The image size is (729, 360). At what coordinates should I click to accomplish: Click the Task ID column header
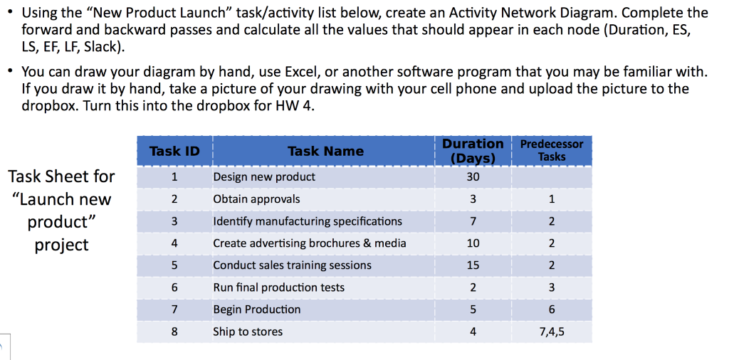pos(174,151)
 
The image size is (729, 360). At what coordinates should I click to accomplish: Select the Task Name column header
pos(325,151)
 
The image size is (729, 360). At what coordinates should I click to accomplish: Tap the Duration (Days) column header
pos(473,150)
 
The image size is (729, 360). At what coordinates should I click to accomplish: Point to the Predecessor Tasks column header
pos(551,150)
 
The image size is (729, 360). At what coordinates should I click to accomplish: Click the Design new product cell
pos(264,176)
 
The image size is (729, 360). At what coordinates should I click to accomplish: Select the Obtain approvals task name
pos(256,199)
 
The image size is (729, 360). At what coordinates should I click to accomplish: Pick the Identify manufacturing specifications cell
pos(308,221)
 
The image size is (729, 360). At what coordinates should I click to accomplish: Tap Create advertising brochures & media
pos(310,243)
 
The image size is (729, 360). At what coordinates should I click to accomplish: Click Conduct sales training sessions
pos(292,265)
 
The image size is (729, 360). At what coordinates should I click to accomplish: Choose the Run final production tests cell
pos(278,287)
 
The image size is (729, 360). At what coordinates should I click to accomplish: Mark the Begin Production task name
pos(256,309)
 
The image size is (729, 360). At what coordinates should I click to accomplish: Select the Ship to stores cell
pos(248,332)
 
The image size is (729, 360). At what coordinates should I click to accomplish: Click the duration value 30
pos(473,176)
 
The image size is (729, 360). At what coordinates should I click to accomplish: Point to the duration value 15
pos(473,265)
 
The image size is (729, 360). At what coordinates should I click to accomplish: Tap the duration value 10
pos(473,243)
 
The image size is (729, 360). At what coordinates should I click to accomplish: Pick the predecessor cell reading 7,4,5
pos(551,332)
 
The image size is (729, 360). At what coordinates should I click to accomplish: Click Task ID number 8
pos(174,332)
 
